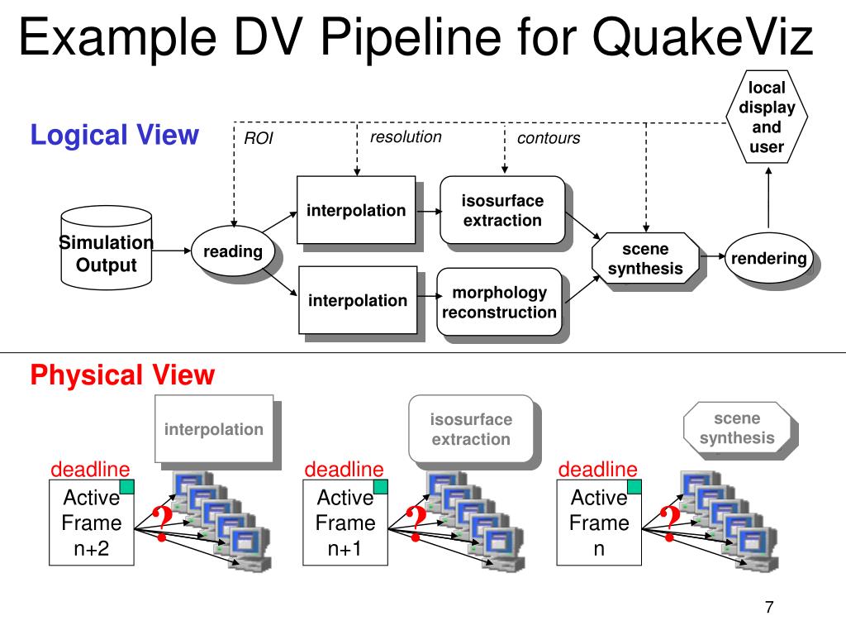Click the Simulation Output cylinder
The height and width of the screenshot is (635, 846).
(107, 248)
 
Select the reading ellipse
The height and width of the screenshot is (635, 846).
(233, 251)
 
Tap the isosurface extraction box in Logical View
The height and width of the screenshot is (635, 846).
(502, 210)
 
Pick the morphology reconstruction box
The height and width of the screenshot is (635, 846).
(499, 302)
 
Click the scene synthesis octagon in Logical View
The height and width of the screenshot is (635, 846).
(645, 259)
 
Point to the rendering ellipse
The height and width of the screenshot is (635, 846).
(768, 258)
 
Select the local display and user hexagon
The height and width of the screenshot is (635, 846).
(767, 117)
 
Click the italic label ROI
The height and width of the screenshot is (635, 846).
(259, 138)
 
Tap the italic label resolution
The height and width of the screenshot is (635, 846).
(406, 137)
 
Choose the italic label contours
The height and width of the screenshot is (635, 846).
(549, 138)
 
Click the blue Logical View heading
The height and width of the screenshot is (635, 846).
(114, 135)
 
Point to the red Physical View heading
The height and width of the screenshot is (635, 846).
(122, 375)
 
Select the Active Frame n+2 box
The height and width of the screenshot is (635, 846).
(91, 523)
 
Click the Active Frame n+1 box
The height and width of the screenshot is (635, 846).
(345, 523)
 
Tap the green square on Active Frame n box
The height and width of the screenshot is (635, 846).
(634, 486)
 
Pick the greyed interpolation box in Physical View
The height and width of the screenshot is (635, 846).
(214, 429)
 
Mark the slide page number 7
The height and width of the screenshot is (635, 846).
(769, 607)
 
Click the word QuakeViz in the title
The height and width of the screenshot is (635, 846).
(702, 36)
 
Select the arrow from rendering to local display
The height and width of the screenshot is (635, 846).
(768, 198)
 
